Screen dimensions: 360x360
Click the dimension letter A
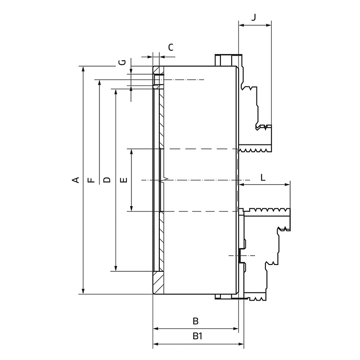click(76, 180)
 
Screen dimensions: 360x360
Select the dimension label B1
click(197, 336)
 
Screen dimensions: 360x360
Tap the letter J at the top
click(253, 17)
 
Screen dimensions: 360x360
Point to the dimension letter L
click(263, 177)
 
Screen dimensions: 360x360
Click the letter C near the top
click(171, 48)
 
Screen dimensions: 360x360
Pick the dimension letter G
click(123, 62)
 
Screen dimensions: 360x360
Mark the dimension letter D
click(107, 180)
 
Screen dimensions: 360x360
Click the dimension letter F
click(91, 180)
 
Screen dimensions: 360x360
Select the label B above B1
click(195, 321)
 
